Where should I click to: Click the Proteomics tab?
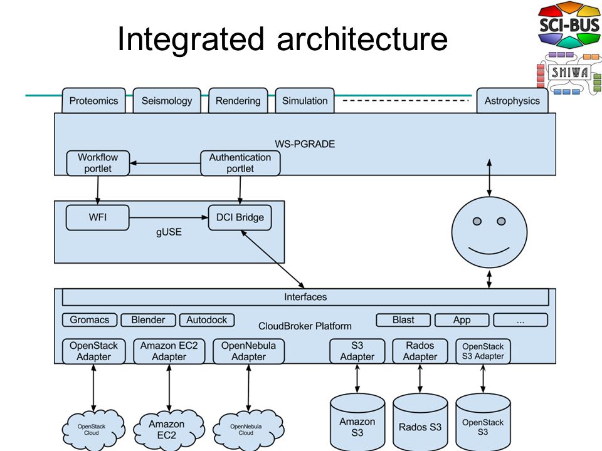click(x=93, y=100)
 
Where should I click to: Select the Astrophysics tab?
click(x=512, y=100)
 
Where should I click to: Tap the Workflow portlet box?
click(x=98, y=163)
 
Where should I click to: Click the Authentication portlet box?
click(x=240, y=163)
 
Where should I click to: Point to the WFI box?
click(x=98, y=217)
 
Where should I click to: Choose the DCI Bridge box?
click(x=240, y=217)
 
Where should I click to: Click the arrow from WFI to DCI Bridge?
click(x=169, y=217)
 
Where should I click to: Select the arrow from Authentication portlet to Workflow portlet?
click(x=165, y=163)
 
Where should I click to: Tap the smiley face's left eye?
click(x=477, y=221)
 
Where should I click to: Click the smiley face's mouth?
click(x=488, y=252)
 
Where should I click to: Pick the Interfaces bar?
click(x=305, y=297)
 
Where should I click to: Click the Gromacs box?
click(x=90, y=320)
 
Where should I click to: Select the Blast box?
click(x=403, y=320)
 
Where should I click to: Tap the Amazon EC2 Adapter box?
click(x=169, y=351)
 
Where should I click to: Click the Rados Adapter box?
click(x=420, y=351)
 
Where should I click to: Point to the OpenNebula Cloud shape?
click(x=248, y=429)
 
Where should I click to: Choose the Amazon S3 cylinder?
click(x=357, y=422)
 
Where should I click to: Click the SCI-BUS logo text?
click(x=569, y=25)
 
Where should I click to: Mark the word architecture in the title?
click(x=362, y=39)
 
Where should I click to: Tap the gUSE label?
click(x=169, y=232)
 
